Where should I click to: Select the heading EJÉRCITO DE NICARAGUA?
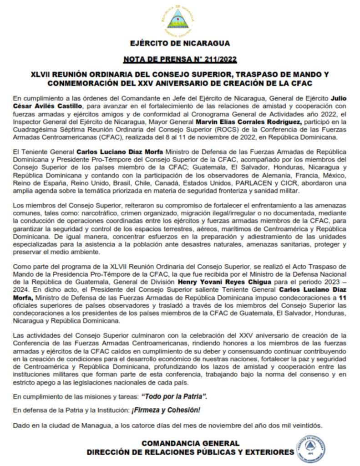tap(180, 44)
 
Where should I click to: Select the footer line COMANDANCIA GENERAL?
tap(190, 443)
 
